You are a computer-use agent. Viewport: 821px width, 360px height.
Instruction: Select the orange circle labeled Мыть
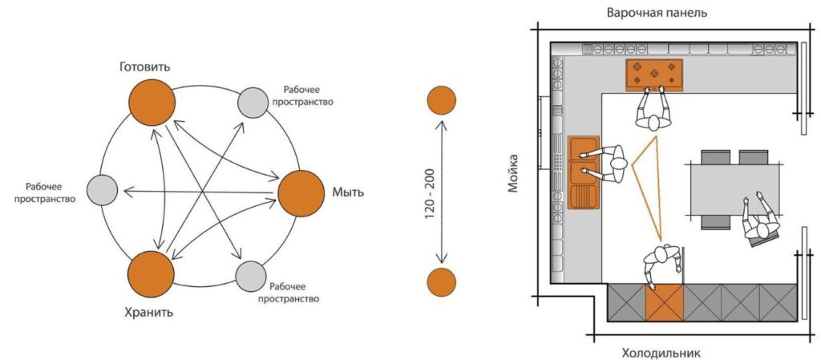click(300, 193)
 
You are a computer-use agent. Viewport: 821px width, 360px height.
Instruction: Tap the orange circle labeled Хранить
click(151, 273)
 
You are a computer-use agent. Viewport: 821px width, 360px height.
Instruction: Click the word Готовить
click(144, 67)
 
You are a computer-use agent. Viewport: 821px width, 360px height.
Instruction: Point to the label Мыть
click(348, 193)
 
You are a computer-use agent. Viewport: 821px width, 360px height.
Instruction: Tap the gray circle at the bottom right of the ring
click(252, 275)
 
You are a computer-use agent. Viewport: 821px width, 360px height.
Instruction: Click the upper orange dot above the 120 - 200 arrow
click(441, 101)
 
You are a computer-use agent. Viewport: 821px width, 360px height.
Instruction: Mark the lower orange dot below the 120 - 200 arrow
click(441, 281)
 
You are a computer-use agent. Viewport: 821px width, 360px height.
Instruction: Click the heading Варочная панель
click(657, 13)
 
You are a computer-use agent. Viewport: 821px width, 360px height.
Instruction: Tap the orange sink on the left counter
click(584, 172)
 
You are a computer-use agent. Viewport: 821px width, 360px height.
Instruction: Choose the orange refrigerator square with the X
click(665, 302)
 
